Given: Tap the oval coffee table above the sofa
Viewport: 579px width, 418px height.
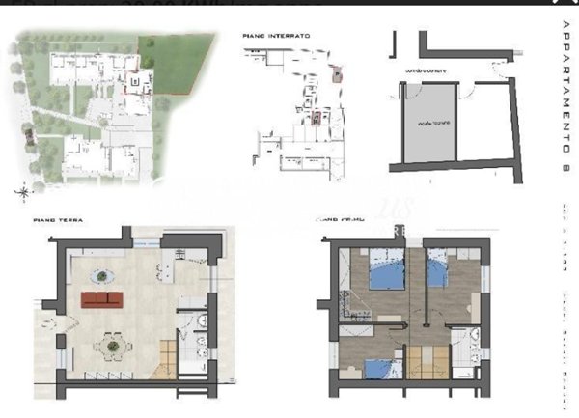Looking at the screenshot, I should tap(106, 277).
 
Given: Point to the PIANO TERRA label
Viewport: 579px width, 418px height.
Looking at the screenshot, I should tap(58, 221).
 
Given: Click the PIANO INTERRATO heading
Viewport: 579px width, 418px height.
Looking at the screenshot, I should tap(276, 36).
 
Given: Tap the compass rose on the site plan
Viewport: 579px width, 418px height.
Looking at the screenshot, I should tap(21, 192).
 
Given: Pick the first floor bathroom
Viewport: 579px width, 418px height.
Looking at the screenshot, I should tap(468, 351).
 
